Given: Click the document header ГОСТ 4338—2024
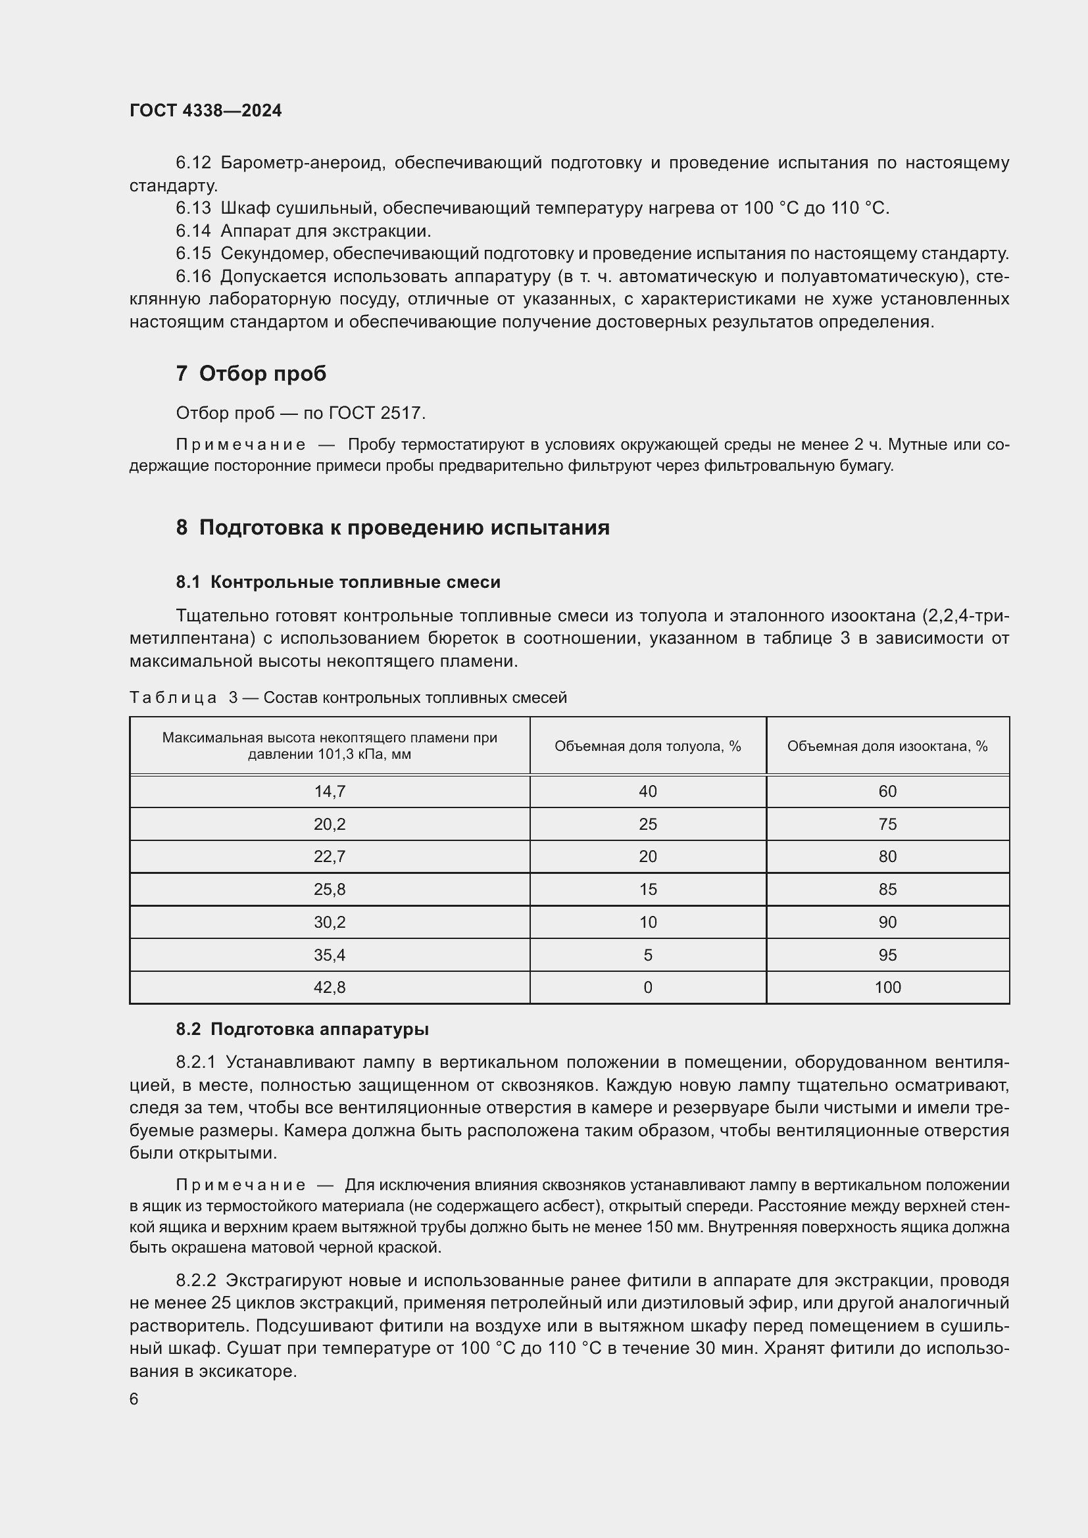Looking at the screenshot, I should click(206, 110).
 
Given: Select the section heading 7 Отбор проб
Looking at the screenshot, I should click(251, 373).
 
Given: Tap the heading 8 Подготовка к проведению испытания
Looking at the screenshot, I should click(393, 527).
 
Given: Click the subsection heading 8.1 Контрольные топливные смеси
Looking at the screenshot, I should click(338, 582).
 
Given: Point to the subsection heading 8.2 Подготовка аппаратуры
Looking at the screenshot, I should click(302, 1029).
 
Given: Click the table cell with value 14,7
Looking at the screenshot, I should click(330, 791).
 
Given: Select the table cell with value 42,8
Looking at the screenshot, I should click(330, 987).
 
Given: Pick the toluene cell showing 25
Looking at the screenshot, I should click(648, 824).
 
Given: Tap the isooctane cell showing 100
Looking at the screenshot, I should click(887, 987).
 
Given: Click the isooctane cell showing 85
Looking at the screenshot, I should click(887, 889).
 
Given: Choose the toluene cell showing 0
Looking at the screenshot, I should click(648, 987).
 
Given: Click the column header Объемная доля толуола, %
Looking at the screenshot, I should click(648, 746).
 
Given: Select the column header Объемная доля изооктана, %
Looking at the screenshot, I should click(887, 746).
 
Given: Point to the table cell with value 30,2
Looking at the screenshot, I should click(330, 922).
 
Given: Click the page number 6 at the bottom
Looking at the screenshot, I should click(134, 1399).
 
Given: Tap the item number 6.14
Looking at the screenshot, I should click(193, 231).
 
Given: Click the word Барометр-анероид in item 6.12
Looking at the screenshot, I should click(302, 163).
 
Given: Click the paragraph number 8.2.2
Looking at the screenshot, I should click(195, 1280).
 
